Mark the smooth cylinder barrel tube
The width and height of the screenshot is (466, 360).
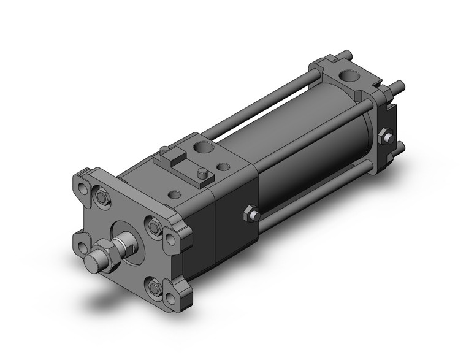[307, 153]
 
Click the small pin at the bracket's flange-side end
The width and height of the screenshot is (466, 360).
[164, 150]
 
